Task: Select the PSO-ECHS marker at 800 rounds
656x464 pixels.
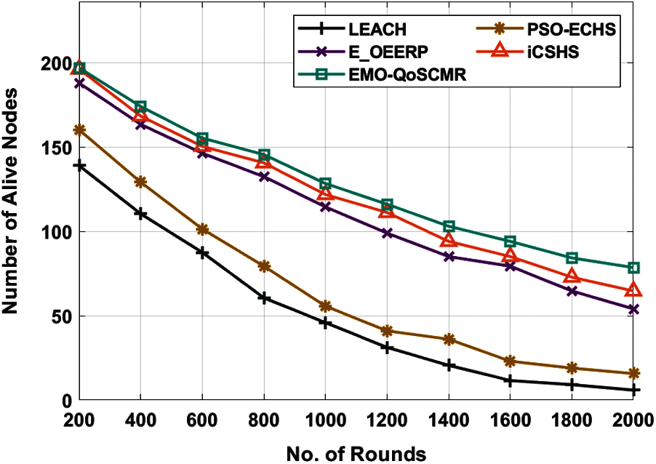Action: (264, 267)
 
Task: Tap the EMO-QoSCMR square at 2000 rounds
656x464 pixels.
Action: (633, 268)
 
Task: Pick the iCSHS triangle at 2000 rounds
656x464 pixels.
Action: (633, 290)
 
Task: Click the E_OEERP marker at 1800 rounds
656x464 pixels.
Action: (572, 292)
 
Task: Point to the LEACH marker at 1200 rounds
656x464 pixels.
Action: (387, 348)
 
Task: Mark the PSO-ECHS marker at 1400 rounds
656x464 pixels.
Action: (449, 340)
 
